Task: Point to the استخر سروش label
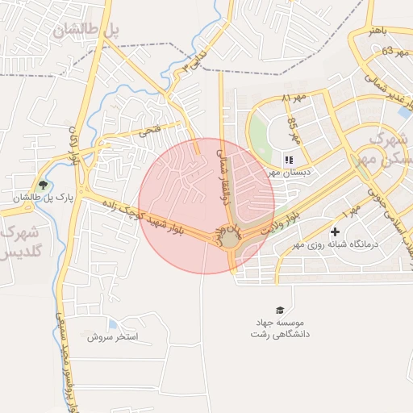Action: [x=113, y=336]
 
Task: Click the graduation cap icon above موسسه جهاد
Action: [x=280, y=311]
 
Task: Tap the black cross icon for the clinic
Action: [x=336, y=232]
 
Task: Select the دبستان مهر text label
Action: [x=290, y=172]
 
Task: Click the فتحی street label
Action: [x=149, y=130]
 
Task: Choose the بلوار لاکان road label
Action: [x=75, y=145]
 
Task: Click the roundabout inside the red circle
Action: [x=230, y=239]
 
